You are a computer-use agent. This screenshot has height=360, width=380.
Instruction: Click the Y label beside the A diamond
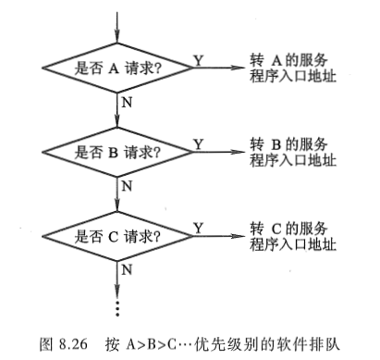coord(197,59)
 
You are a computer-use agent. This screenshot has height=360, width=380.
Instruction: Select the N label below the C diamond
coord(128,268)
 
